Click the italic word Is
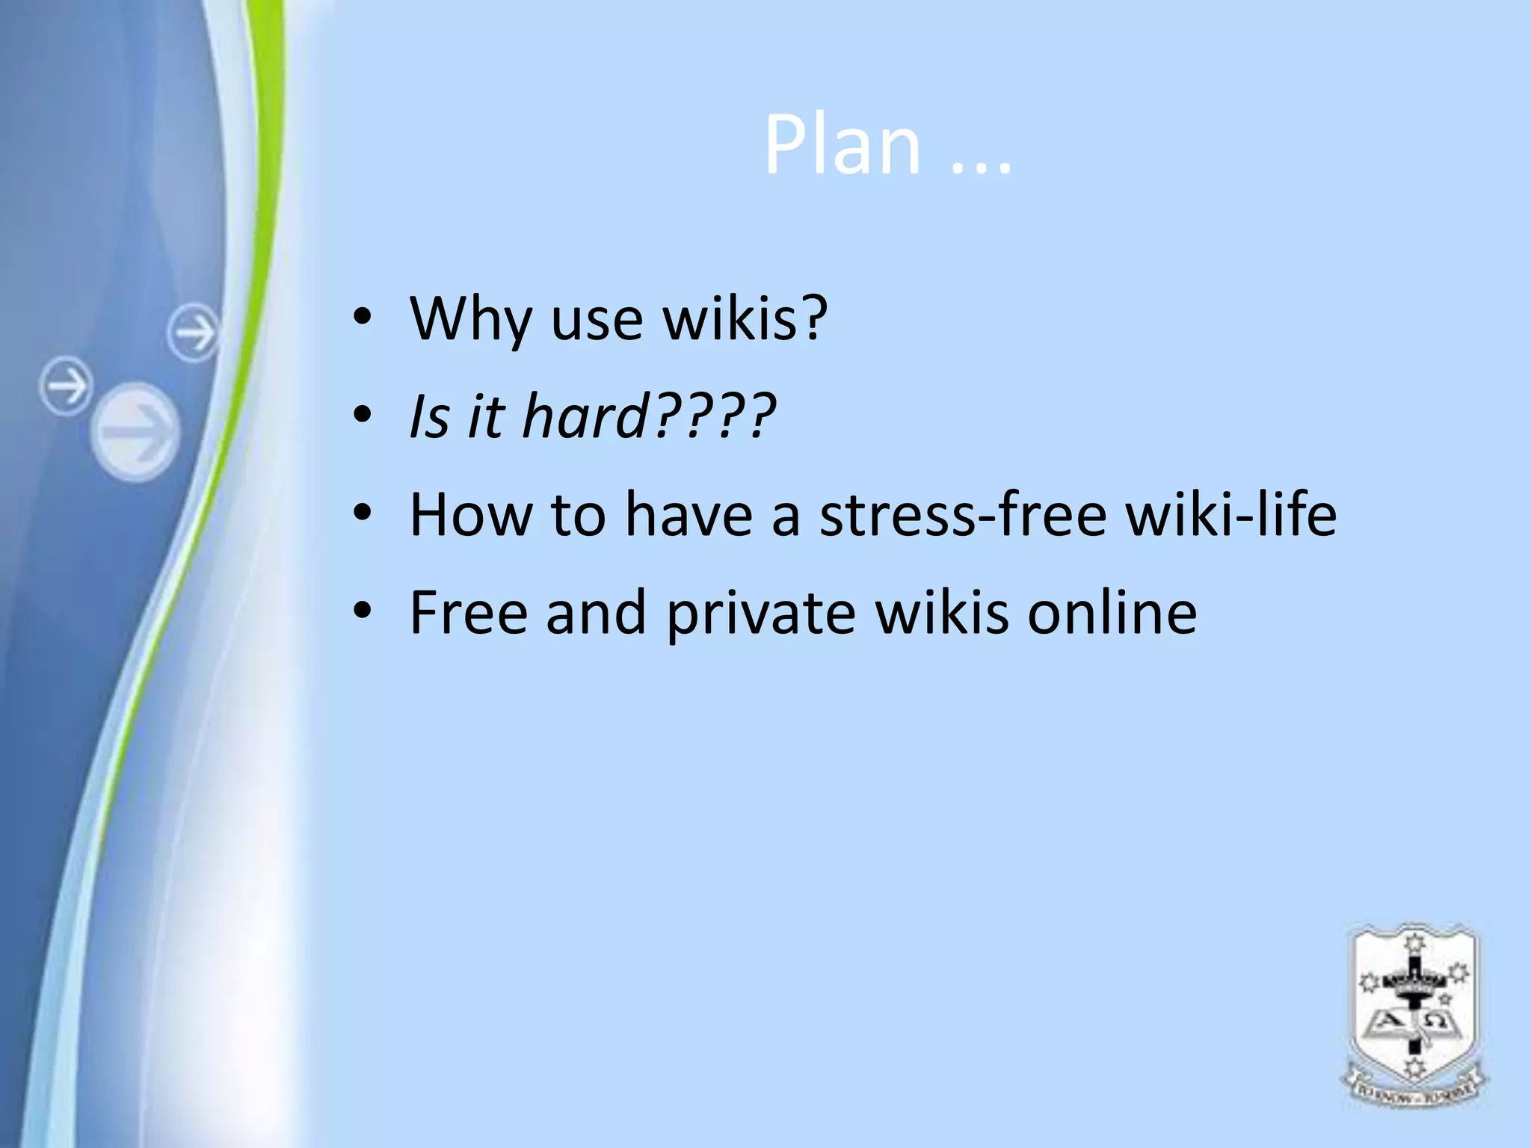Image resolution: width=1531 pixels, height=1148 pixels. [429, 416]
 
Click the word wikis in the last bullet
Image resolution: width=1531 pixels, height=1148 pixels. [941, 612]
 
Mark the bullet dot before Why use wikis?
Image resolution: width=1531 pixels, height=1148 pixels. [363, 319]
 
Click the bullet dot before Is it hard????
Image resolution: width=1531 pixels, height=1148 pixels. [363, 416]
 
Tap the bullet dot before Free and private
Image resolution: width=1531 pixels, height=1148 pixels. [363, 612]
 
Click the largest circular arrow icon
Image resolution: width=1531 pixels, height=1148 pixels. [137, 432]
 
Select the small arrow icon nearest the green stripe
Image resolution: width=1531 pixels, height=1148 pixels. [193, 332]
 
